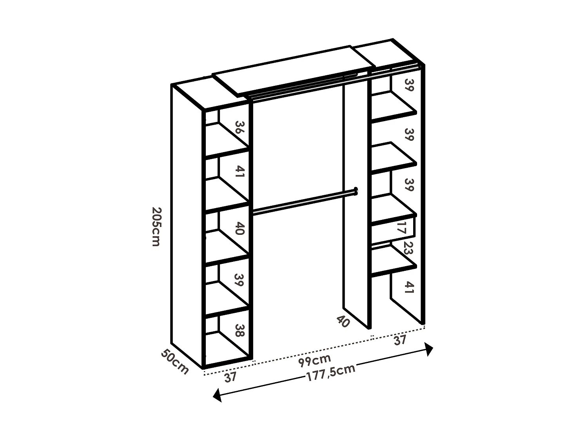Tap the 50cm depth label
[x=175, y=361]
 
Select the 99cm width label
[x=314, y=359]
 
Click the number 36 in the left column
[x=240, y=128]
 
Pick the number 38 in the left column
[x=240, y=330]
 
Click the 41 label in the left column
[x=240, y=172]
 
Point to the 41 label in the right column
[x=408, y=287]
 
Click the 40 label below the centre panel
[x=343, y=321]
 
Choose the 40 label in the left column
[x=240, y=228]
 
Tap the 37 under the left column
[x=230, y=377]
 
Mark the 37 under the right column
[x=399, y=340]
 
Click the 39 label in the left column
[x=239, y=279]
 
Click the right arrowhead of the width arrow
[x=429, y=348]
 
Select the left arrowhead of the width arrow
[x=217, y=395]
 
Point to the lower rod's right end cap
[x=356, y=191]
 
